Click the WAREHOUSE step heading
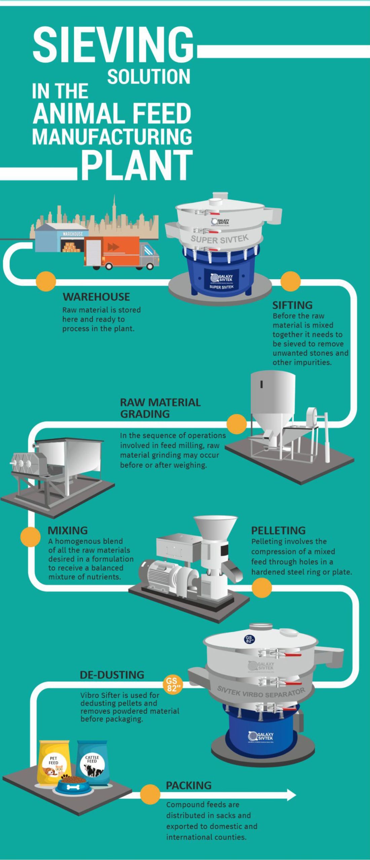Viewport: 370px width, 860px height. (x=96, y=297)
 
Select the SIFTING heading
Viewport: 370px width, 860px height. (x=292, y=305)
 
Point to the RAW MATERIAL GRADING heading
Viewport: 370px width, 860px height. (x=160, y=408)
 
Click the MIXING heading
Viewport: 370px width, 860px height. (x=68, y=530)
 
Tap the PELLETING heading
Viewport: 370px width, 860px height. (x=278, y=530)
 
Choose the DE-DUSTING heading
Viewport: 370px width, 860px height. (x=112, y=675)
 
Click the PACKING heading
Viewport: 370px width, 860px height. (x=189, y=785)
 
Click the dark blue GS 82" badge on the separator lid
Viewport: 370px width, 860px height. (x=249, y=640)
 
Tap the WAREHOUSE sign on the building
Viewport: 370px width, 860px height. (x=73, y=233)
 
